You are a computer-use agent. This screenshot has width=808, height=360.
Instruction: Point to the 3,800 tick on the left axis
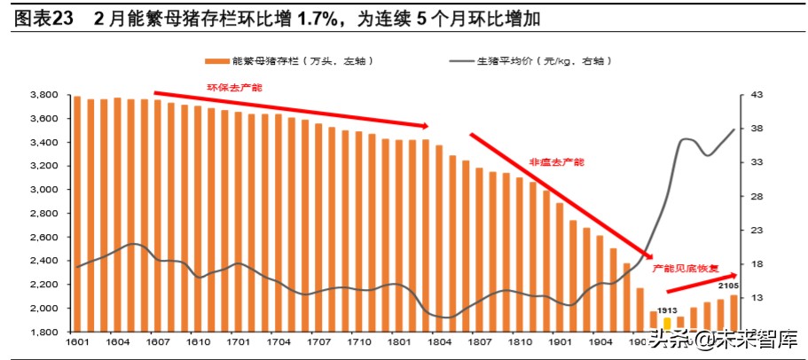pos(43,95)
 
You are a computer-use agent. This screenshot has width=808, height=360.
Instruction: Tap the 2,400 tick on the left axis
pos(43,261)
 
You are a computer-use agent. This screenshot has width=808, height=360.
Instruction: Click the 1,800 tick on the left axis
pos(43,333)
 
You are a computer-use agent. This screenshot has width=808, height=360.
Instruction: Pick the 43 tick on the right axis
pos(757,95)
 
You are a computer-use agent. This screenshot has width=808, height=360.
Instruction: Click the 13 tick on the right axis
pos(757,299)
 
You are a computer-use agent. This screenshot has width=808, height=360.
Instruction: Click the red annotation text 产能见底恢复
pos(679,267)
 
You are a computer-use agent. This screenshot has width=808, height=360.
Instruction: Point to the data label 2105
pos(729,286)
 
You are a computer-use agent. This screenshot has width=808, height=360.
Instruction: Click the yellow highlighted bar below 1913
pos(667,323)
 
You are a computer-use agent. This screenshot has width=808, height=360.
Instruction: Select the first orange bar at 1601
pos(77,214)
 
